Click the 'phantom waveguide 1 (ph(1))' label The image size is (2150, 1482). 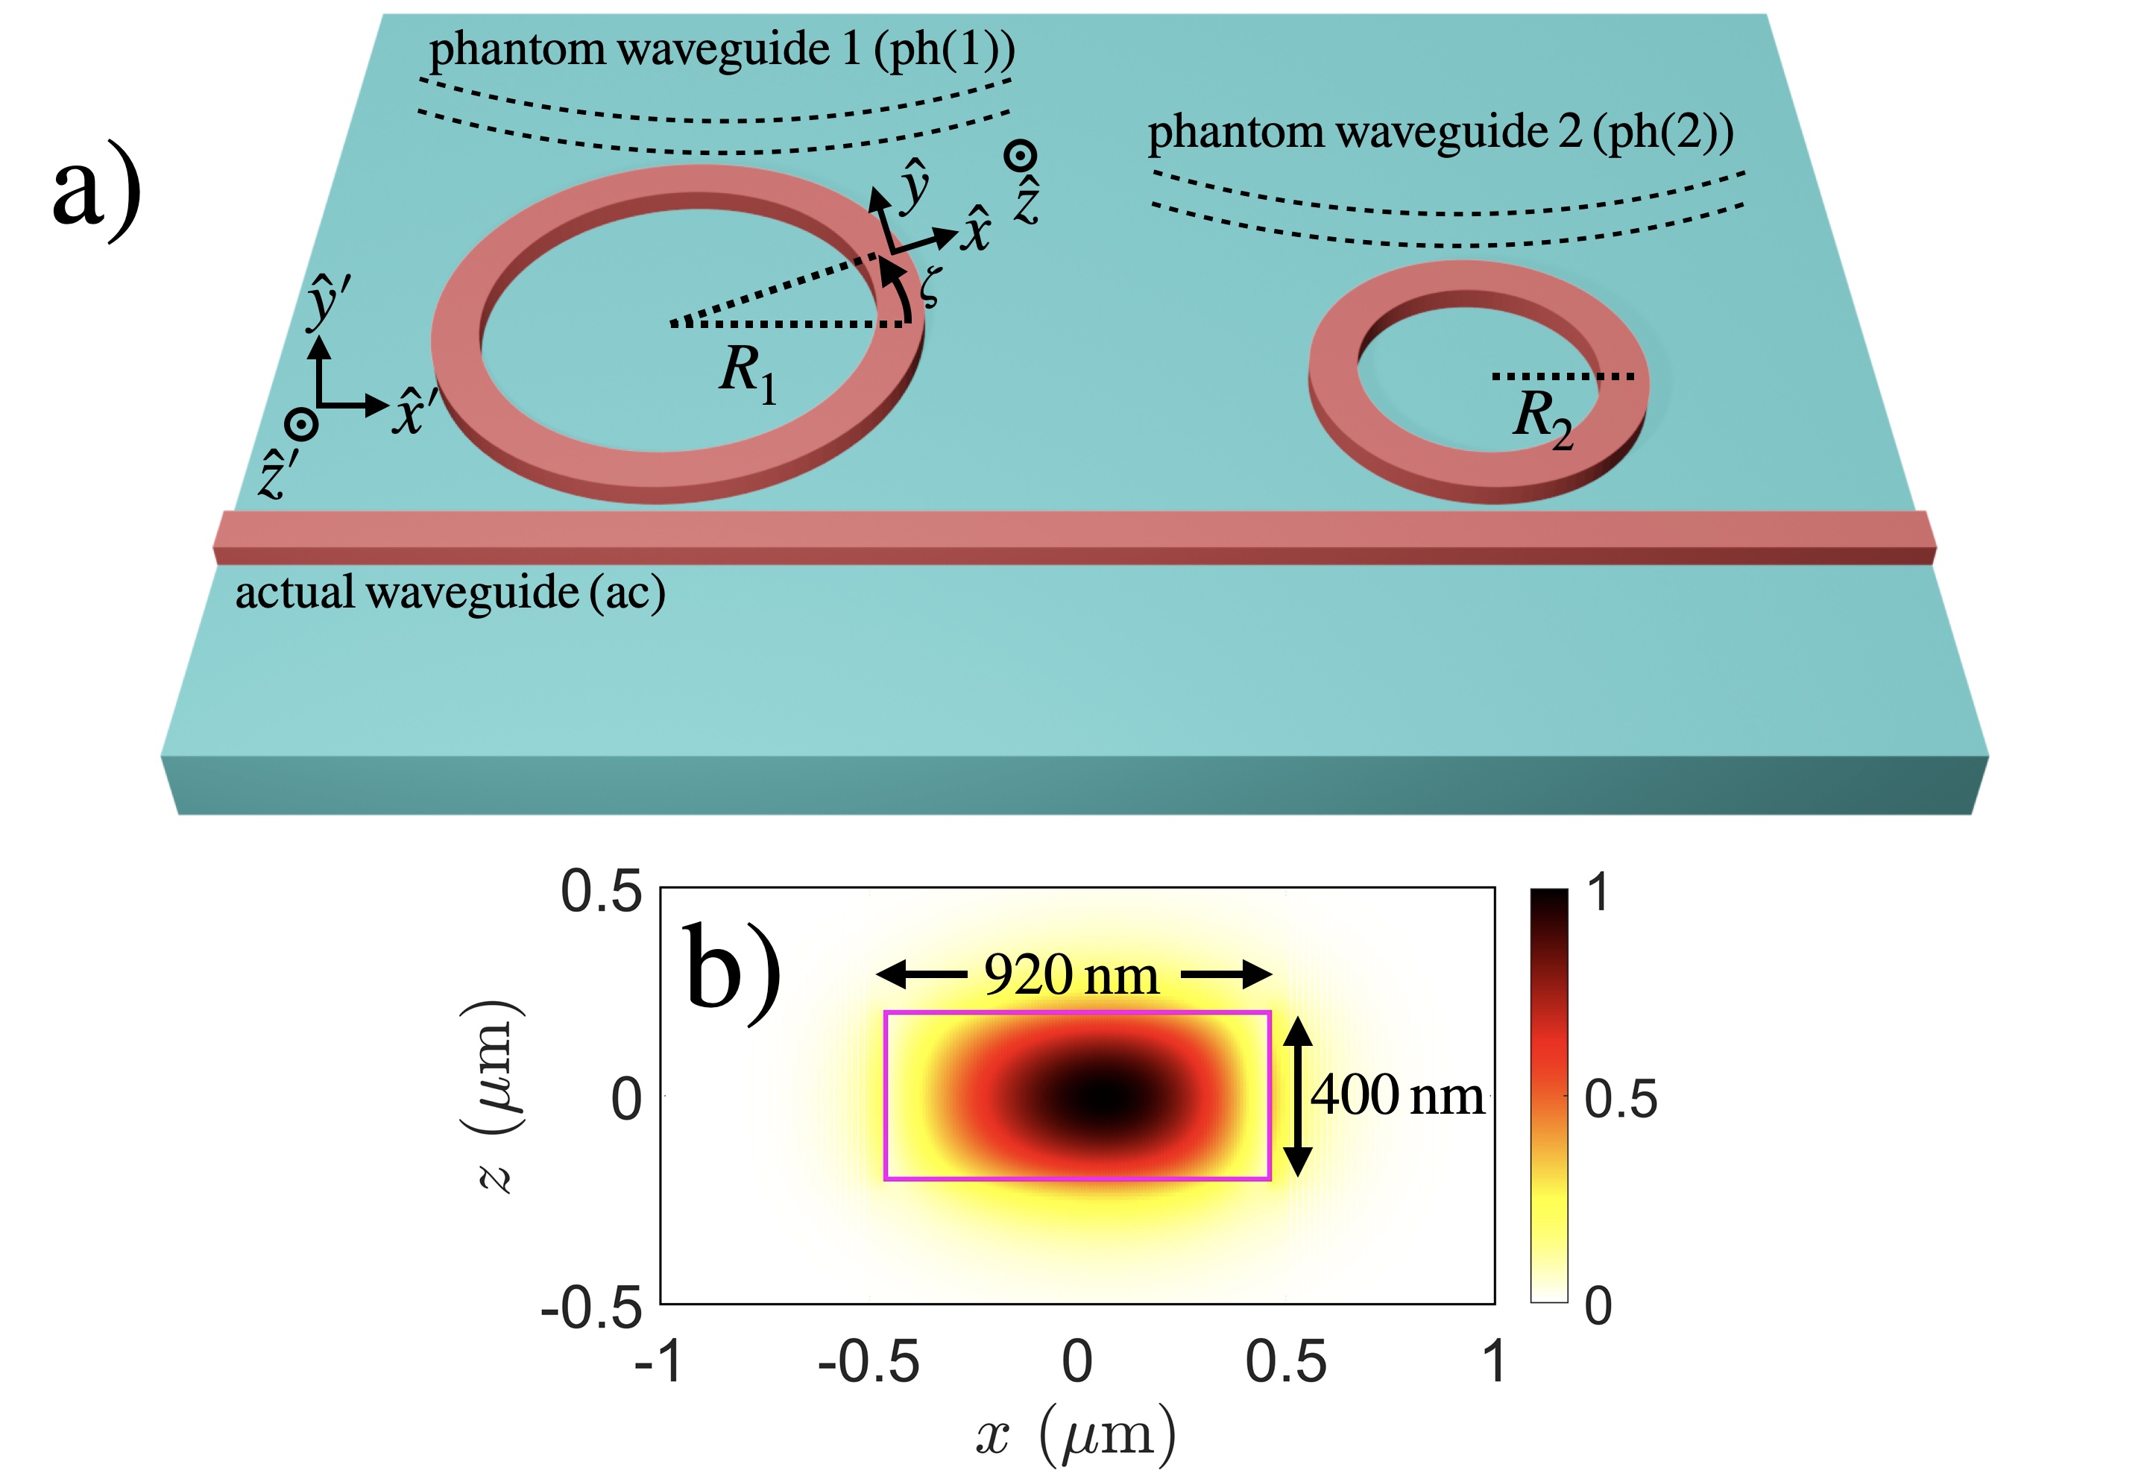click(722, 49)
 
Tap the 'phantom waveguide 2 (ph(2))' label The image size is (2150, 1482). click(1440, 132)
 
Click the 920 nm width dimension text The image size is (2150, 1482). click(1071, 976)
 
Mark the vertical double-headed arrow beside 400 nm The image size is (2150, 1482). click(1298, 1097)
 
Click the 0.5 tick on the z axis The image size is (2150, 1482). click(601, 892)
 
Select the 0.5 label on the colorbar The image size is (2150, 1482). click(1621, 1100)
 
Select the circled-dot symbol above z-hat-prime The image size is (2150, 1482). click(302, 424)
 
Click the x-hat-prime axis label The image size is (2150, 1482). click(409, 412)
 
